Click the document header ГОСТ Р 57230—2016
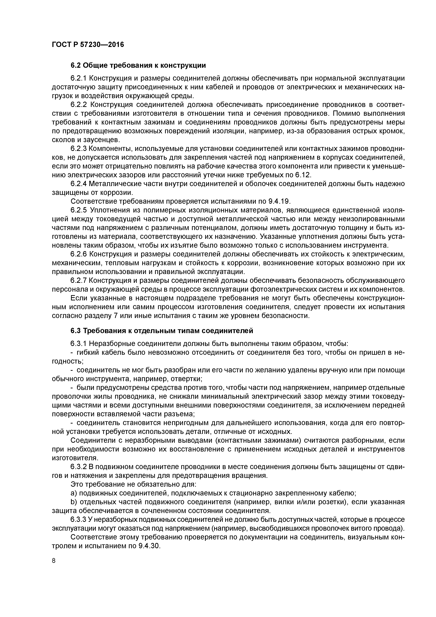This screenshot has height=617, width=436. (x=88, y=44)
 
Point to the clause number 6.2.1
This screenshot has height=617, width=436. (x=78, y=78)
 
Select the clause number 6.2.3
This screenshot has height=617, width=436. (x=78, y=149)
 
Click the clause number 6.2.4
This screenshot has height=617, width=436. (x=78, y=184)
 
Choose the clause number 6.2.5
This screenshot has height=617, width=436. (x=78, y=210)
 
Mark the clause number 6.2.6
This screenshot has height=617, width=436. (x=78, y=254)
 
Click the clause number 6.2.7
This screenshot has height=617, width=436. (x=78, y=281)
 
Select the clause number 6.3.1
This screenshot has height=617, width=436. (x=78, y=344)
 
